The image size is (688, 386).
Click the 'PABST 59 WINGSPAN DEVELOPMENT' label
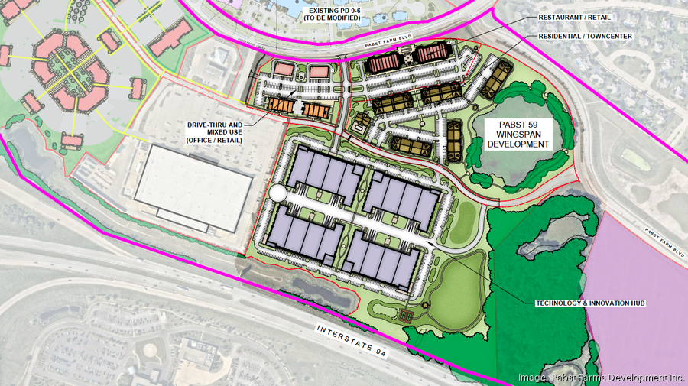[521, 134]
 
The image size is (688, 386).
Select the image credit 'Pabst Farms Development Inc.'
[601, 377]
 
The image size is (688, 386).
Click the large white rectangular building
[194, 187]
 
